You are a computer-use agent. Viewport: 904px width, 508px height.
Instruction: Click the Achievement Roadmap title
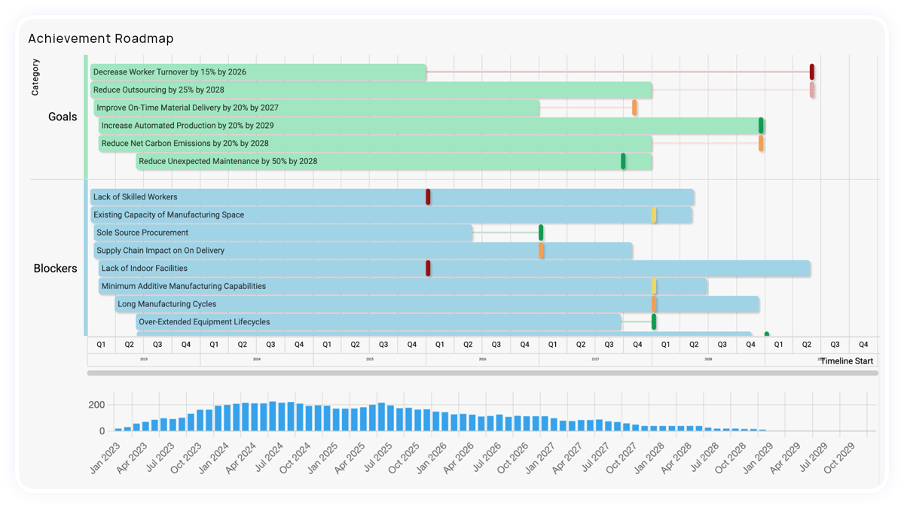tap(100, 38)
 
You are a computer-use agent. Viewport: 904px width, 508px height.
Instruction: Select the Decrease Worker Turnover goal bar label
tap(169, 72)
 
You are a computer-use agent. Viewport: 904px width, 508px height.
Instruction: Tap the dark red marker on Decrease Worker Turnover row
tap(811, 72)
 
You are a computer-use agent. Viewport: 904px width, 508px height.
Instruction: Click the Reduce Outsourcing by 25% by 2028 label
tap(159, 90)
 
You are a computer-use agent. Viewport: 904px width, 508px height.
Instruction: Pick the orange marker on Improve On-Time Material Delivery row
tap(634, 108)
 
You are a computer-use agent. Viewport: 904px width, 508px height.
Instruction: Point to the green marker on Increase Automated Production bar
tap(761, 126)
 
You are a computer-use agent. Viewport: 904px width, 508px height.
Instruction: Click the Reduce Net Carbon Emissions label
tap(185, 144)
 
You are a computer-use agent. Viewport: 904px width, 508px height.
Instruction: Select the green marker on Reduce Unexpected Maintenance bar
tap(623, 161)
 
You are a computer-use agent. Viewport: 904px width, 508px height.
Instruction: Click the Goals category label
tap(63, 117)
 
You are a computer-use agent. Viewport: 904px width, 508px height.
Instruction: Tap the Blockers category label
tap(55, 269)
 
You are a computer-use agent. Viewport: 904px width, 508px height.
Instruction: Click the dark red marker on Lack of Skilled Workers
tap(428, 197)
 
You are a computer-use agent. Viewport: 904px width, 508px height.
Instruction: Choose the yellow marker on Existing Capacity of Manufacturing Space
tap(654, 215)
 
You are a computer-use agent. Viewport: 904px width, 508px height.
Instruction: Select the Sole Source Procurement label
tap(142, 233)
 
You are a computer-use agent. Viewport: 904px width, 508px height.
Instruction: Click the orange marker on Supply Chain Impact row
tap(541, 251)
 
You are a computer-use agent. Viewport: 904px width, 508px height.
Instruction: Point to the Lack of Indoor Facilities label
tap(144, 269)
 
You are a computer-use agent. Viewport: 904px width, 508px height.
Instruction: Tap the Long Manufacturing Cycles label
tap(166, 305)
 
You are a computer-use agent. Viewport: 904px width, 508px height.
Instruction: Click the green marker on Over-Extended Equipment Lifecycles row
tap(654, 322)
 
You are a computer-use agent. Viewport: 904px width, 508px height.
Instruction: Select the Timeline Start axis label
tap(847, 361)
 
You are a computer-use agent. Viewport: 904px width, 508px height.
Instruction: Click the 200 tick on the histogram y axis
tap(96, 405)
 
